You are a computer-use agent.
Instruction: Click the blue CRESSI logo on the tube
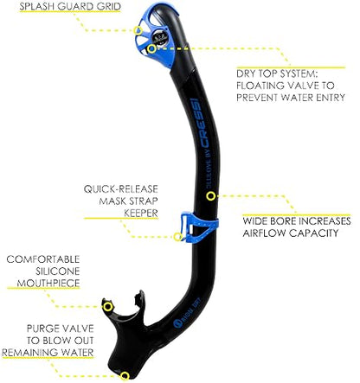(x=200, y=123)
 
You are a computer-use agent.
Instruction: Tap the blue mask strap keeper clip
(x=199, y=227)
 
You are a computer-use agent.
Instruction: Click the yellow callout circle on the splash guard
(x=138, y=30)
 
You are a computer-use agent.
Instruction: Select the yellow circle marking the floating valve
(x=151, y=49)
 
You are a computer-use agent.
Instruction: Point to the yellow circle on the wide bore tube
(x=211, y=196)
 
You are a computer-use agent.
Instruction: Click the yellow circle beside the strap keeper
(x=178, y=237)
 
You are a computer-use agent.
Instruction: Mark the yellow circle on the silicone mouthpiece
(x=108, y=307)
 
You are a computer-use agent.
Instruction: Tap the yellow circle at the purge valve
(x=125, y=376)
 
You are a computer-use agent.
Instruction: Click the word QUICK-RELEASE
(x=121, y=189)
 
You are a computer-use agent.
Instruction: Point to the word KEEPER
(x=141, y=214)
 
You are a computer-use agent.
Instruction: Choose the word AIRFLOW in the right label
(x=264, y=233)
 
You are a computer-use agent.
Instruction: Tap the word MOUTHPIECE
(x=48, y=283)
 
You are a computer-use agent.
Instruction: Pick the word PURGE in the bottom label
(x=42, y=329)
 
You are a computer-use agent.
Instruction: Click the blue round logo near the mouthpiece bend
(x=177, y=323)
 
